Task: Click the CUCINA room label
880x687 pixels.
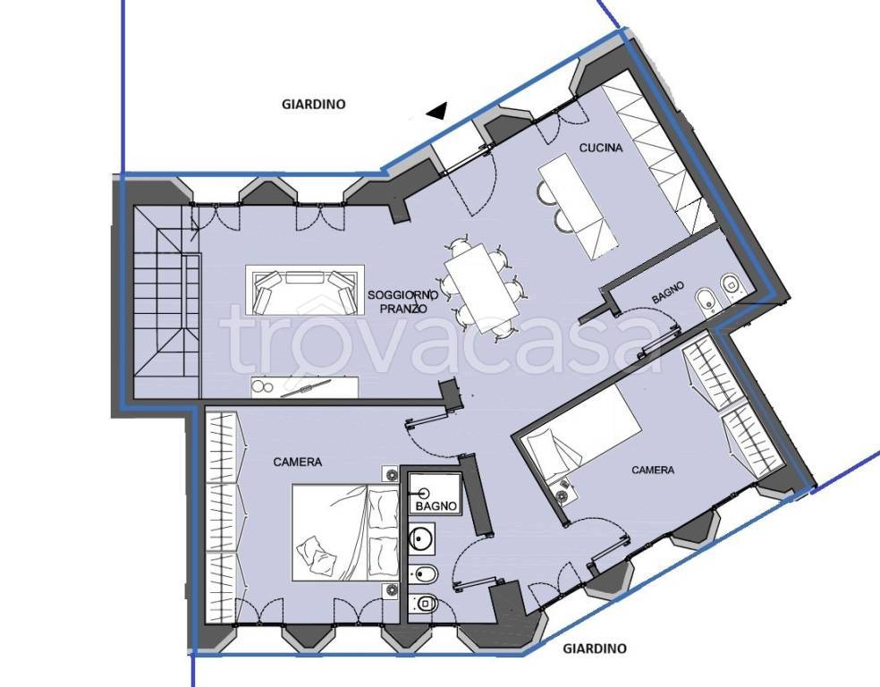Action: [x=600, y=148]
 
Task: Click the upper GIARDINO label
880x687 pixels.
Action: [x=313, y=104]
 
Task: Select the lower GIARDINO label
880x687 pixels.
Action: [x=595, y=649]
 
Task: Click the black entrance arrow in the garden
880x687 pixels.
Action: [x=436, y=111]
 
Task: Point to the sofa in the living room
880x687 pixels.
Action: [x=305, y=291]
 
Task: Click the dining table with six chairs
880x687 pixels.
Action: [x=481, y=287]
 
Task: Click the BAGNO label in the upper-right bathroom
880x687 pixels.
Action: [x=668, y=293]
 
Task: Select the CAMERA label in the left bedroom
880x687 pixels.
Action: [x=298, y=462]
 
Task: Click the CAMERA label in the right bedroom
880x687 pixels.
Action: [x=653, y=470]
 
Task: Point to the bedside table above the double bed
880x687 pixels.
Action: [x=391, y=474]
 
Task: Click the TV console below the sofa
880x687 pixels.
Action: [x=304, y=387]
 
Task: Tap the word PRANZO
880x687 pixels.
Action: [x=403, y=309]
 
